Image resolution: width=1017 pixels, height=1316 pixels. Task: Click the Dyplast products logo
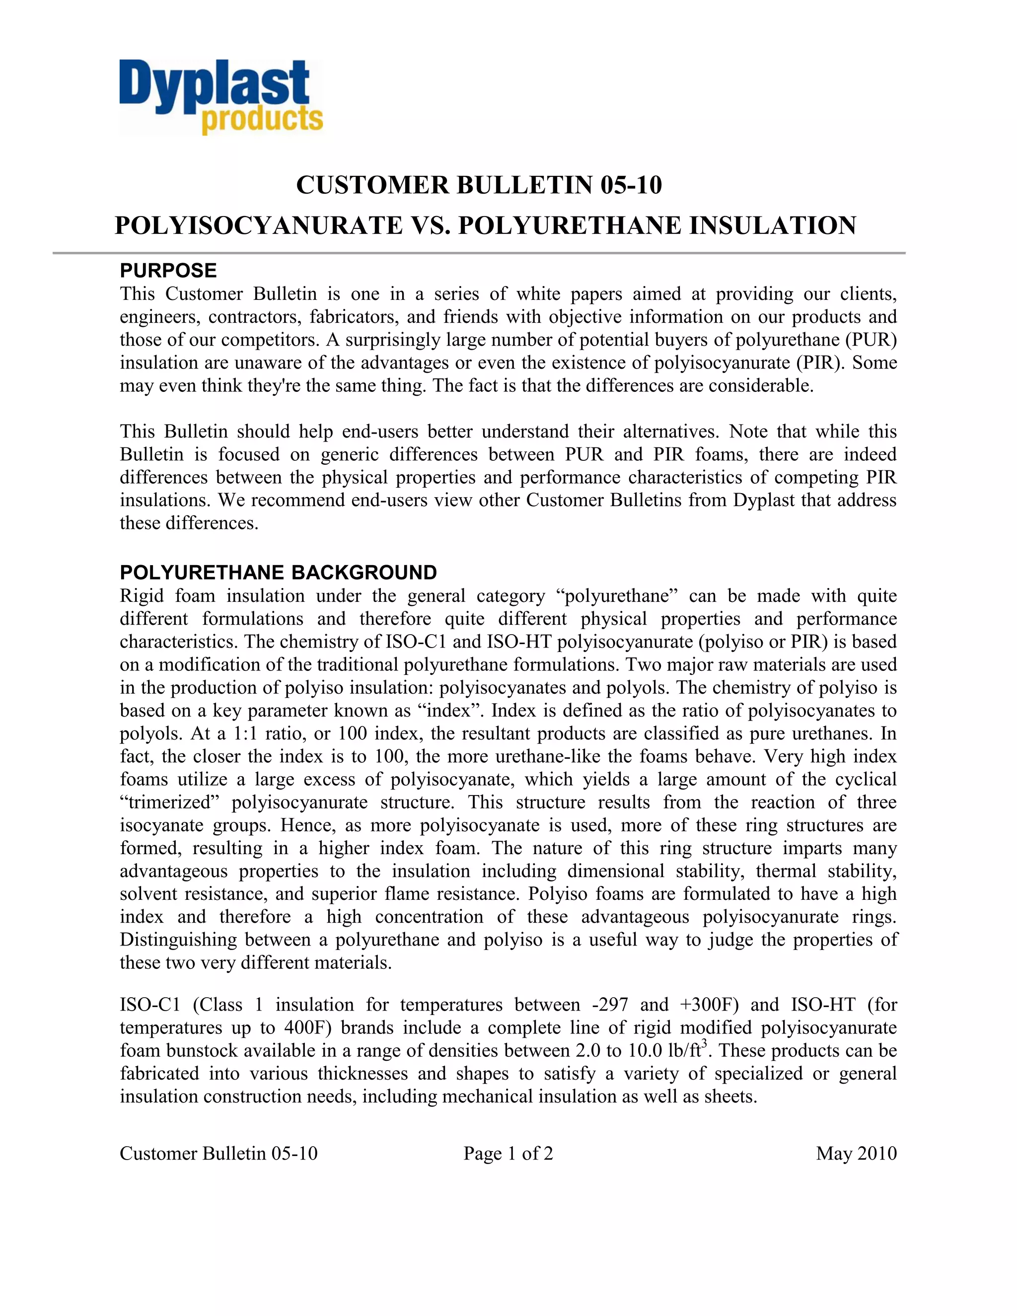tap(220, 97)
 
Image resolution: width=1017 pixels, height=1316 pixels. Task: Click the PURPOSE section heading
tap(168, 271)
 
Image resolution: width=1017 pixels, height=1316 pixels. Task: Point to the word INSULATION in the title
tap(772, 226)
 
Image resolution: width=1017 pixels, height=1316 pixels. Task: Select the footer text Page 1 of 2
tap(508, 1153)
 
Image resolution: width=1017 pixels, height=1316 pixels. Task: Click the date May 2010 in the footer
tap(856, 1153)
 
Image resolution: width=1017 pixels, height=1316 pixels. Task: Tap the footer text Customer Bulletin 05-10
tap(218, 1153)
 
